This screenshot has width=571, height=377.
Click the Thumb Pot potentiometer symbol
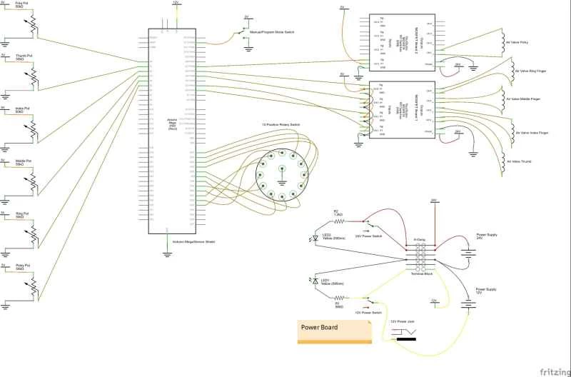(x=33, y=77)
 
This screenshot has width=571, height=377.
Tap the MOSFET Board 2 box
(x=401, y=44)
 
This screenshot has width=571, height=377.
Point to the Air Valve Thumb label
(x=519, y=162)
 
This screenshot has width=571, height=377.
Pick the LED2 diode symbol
(x=315, y=238)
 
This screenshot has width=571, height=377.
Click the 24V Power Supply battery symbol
(x=468, y=252)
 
